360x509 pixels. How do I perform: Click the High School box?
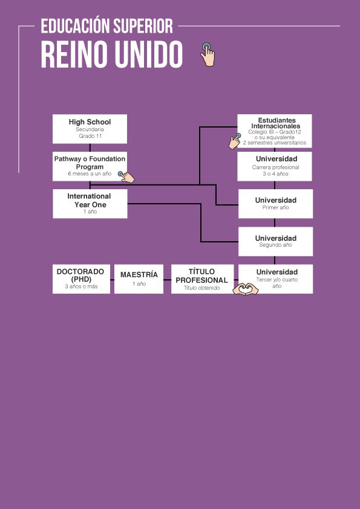click(x=90, y=129)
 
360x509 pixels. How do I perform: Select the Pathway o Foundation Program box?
click(x=90, y=166)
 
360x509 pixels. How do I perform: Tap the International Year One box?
click(x=90, y=204)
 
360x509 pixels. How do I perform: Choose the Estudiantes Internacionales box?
click(x=275, y=131)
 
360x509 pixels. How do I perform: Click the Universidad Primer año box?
click(x=275, y=204)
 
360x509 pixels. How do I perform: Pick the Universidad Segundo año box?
click(x=275, y=242)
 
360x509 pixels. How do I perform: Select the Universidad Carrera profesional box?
click(x=275, y=166)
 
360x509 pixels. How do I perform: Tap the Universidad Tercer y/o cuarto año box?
click(x=275, y=279)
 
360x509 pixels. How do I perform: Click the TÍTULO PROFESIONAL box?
click(x=203, y=279)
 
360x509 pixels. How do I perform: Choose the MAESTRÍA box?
click(x=139, y=279)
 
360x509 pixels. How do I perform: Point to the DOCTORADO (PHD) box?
click(x=81, y=279)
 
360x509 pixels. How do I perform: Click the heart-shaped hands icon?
click(x=246, y=289)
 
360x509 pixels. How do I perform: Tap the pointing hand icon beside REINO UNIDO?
click(x=208, y=54)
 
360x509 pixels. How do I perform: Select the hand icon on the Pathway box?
click(x=126, y=177)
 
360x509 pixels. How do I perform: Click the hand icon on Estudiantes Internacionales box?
click(x=235, y=141)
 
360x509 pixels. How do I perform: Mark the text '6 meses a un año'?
click(x=90, y=173)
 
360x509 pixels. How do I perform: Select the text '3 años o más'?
click(x=81, y=287)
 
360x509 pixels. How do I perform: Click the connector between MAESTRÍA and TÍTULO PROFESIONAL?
click(x=168, y=279)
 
